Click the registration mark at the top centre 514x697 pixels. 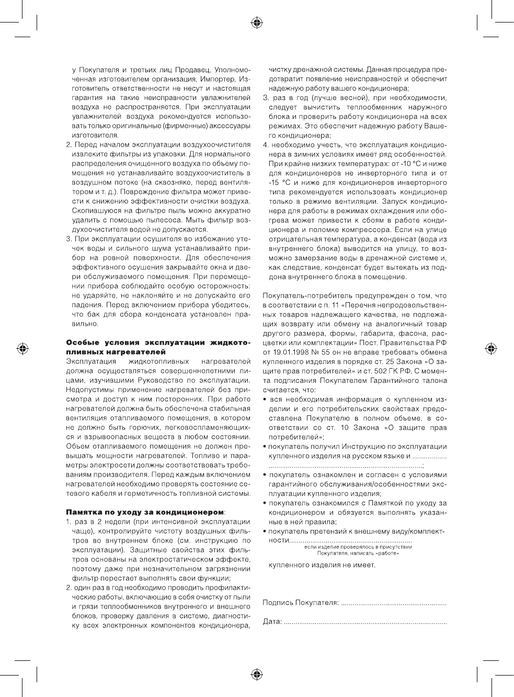[x=257, y=23]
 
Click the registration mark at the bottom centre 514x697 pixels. [x=257, y=673]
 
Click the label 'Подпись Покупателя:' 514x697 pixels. [x=300, y=603]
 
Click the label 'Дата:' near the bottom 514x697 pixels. [x=272, y=622]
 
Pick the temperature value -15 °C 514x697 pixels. [x=279, y=183]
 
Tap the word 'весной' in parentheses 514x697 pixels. [x=346, y=98]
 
